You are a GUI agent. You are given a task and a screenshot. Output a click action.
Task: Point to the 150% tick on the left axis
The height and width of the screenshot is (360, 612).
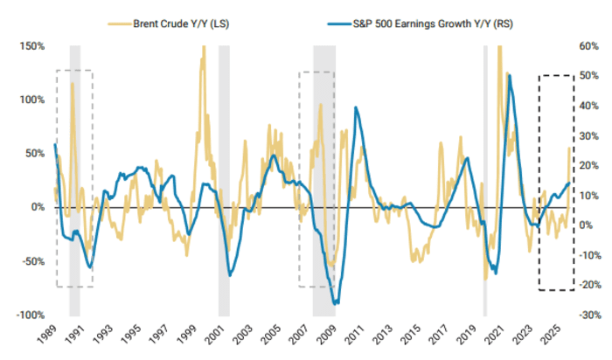point(31,45)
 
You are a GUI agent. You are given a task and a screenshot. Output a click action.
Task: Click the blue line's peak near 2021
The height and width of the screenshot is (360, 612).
point(509,76)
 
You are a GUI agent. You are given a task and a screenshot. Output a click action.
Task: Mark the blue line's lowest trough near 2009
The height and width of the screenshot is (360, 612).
point(337,303)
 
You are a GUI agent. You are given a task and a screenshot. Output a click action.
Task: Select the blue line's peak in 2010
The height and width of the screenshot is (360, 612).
point(356,107)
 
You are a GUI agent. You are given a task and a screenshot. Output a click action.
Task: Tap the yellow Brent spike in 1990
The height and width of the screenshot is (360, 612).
point(72,84)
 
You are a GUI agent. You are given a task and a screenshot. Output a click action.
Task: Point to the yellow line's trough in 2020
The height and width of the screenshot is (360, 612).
point(485,278)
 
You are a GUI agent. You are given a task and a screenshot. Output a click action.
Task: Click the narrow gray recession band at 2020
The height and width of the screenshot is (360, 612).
point(485,175)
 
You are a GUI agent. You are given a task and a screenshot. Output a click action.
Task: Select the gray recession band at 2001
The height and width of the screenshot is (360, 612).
point(224,175)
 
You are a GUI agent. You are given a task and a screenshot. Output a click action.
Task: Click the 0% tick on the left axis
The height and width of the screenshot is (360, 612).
point(35,207)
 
